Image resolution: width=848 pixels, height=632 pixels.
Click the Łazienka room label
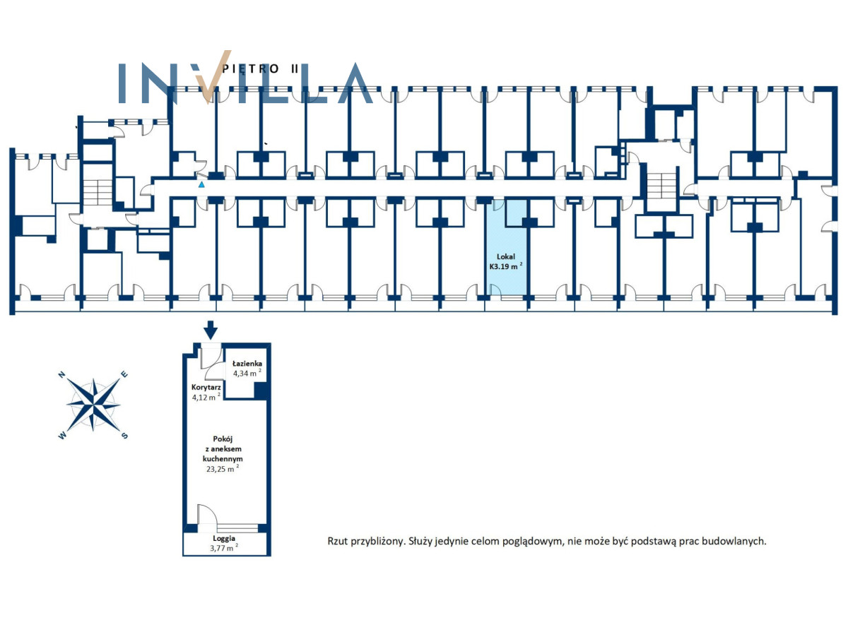pyautogui.click(x=247, y=363)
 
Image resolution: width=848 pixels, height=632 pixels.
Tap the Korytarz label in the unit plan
pyautogui.click(x=206, y=387)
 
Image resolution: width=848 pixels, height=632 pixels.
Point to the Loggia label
pyautogui.click(x=224, y=538)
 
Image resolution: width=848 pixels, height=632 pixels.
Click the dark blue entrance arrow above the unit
pyautogui.click(x=211, y=330)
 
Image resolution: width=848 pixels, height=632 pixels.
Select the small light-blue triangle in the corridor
pyautogui.click(x=201, y=184)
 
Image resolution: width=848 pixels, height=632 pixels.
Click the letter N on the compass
pyautogui.click(x=61, y=374)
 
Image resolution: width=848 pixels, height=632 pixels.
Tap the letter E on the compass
pyautogui.click(x=124, y=374)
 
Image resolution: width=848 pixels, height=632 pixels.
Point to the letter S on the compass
pyautogui.click(x=124, y=436)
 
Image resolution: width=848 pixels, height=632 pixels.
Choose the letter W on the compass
pyautogui.click(x=61, y=436)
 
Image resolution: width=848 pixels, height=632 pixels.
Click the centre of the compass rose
pyautogui.click(x=93, y=405)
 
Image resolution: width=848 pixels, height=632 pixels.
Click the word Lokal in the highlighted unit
pyautogui.click(x=506, y=256)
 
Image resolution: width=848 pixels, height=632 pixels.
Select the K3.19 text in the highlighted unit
pyautogui.click(x=498, y=266)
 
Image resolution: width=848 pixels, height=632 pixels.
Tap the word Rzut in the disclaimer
pyautogui.click(x=337, y=542)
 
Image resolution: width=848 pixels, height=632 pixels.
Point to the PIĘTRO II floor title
pyautogui.click(x=260, y=69)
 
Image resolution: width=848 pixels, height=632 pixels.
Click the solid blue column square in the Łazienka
pyautogui.click(x=261, y=390)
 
